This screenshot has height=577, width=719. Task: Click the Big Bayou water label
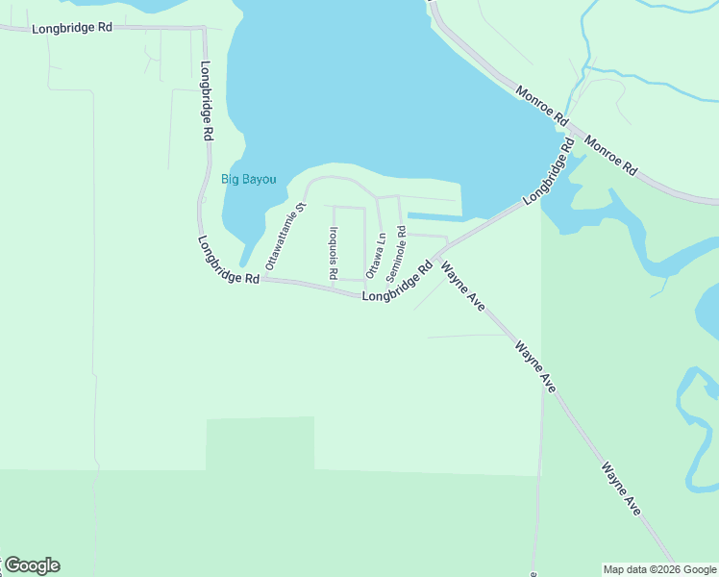point(249,179)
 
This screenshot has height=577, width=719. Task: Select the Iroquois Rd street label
point(333,253)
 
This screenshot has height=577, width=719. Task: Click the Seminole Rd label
point(397,254)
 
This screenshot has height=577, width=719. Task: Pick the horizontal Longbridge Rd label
point(72,28)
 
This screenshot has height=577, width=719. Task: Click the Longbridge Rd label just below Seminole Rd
point(397,284)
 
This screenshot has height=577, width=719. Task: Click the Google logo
point(32,565)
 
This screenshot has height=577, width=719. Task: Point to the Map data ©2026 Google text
point(660,569)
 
